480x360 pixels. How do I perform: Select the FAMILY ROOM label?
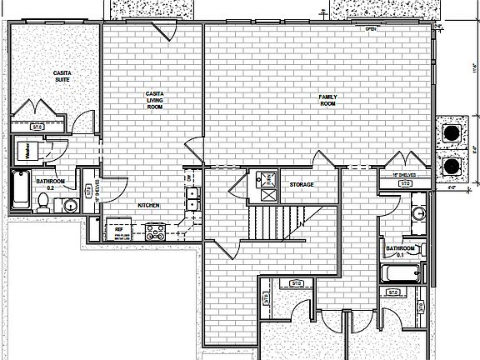click(327, 99)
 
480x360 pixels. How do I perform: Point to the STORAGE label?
click(300, 184)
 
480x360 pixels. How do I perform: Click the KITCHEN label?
click(148, 205)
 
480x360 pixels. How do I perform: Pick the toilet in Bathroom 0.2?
click(44, 201)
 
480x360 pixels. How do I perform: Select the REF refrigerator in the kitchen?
click(119, 227)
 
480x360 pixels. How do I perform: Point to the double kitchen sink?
click(192, 200)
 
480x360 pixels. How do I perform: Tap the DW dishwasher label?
click(190, 177)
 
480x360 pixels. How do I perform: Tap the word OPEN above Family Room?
click(372, 29)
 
